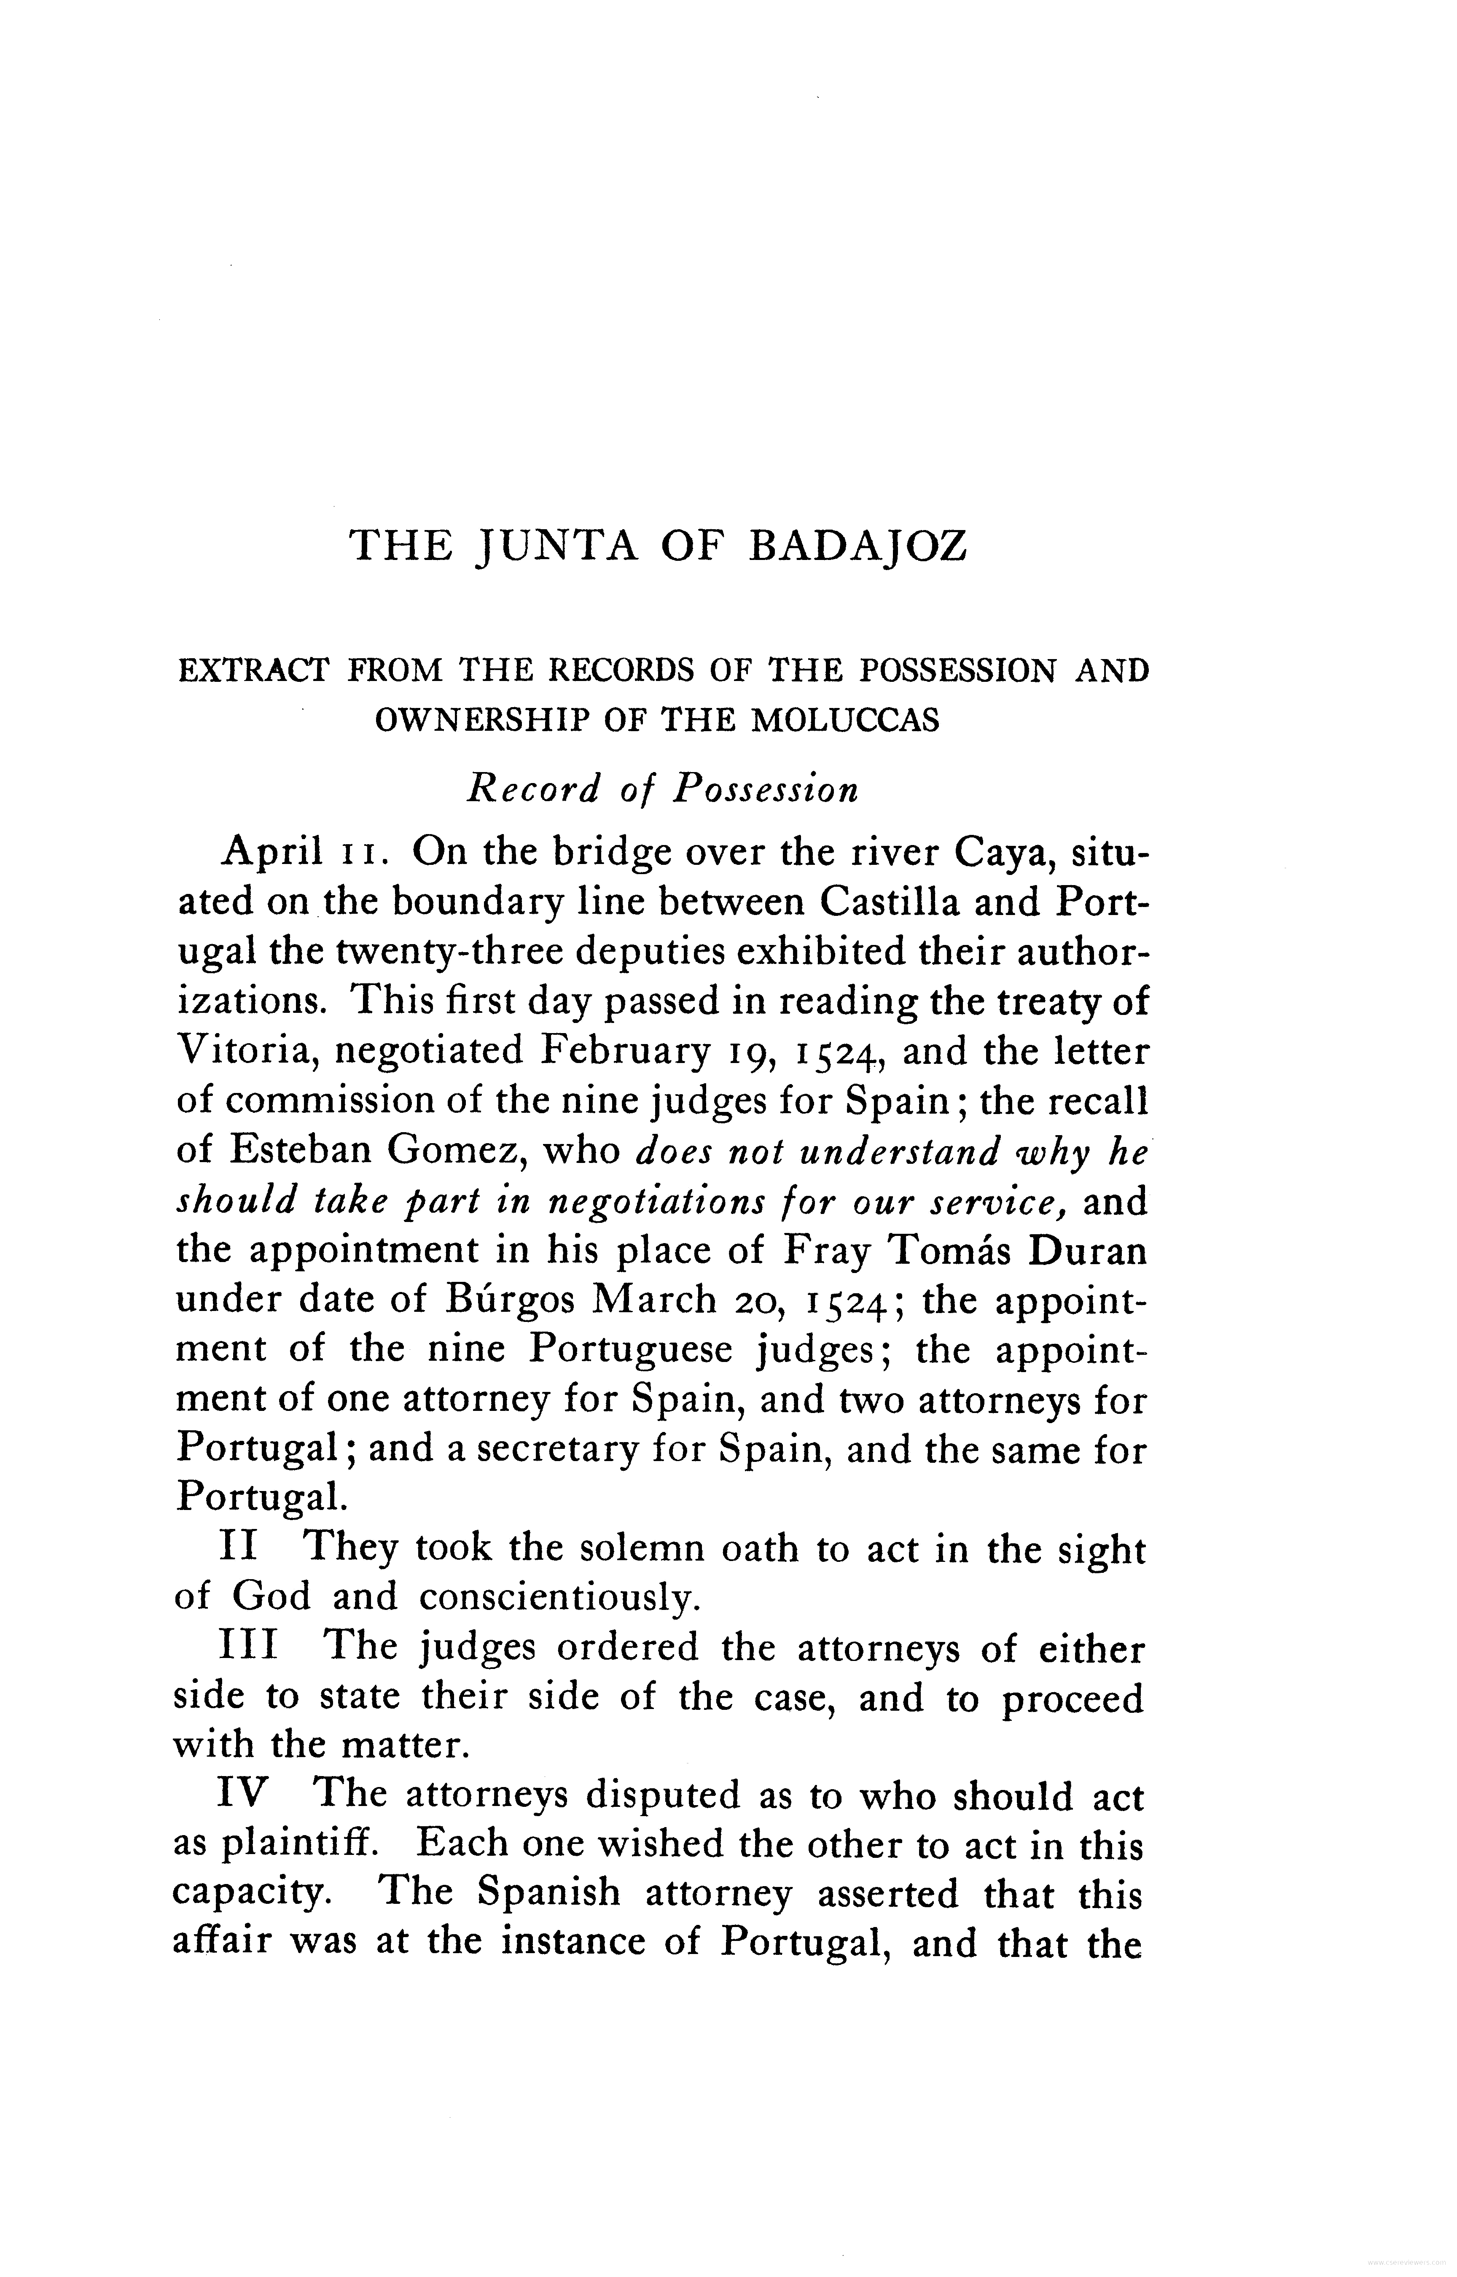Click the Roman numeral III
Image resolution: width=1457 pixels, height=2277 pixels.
tap(249, 1647)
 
